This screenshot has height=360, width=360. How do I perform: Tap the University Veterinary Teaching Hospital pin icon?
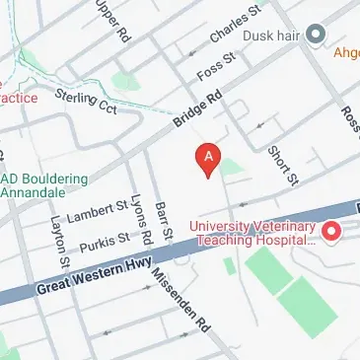[x=332, y=233]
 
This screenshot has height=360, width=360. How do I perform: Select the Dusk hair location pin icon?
[x=317, y=36]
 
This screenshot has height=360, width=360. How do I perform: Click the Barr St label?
[x=165, y=217]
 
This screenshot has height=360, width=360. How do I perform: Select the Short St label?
[x=282, y=165]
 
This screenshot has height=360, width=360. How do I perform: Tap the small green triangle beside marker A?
[x=232, y=168]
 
